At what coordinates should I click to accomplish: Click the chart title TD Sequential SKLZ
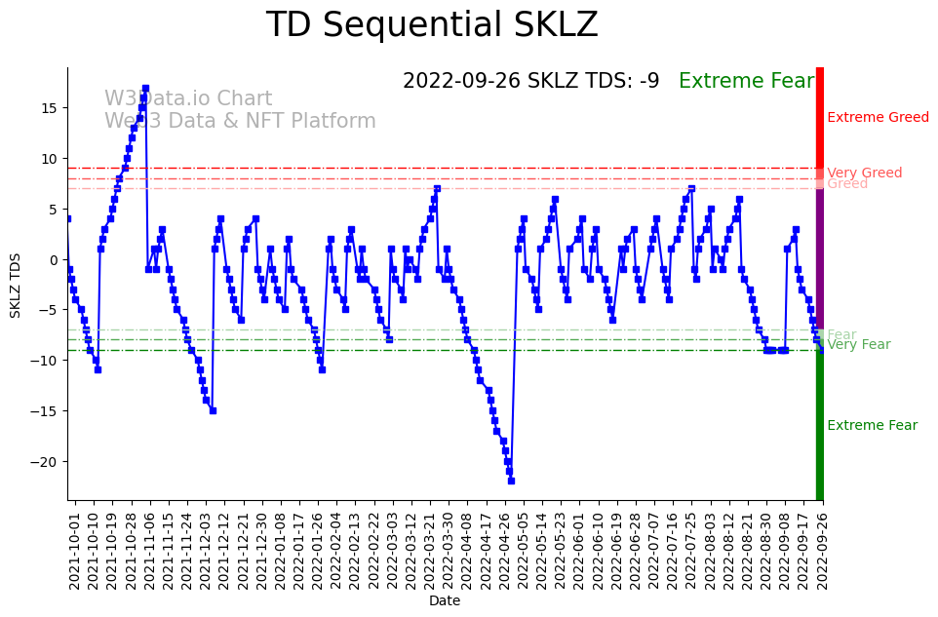click(x=432, y=25)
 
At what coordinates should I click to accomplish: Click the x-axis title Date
click(x=445, y=601)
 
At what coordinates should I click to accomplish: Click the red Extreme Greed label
click(x=878, y=118)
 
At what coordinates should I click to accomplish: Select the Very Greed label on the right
click(x=864, y=174)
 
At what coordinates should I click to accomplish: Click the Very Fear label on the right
click(x=858, y=345)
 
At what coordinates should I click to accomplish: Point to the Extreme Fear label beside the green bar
click(x=872, y=426)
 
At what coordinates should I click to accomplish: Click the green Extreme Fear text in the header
click(x=746, y=81)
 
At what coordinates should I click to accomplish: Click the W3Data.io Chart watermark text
click(x=188, y=99)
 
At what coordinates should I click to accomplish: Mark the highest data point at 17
click(x=145, y=88)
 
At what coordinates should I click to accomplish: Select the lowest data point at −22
click(x=511, y=481)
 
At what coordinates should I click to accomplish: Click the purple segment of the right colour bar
click(x=820, y=258)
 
